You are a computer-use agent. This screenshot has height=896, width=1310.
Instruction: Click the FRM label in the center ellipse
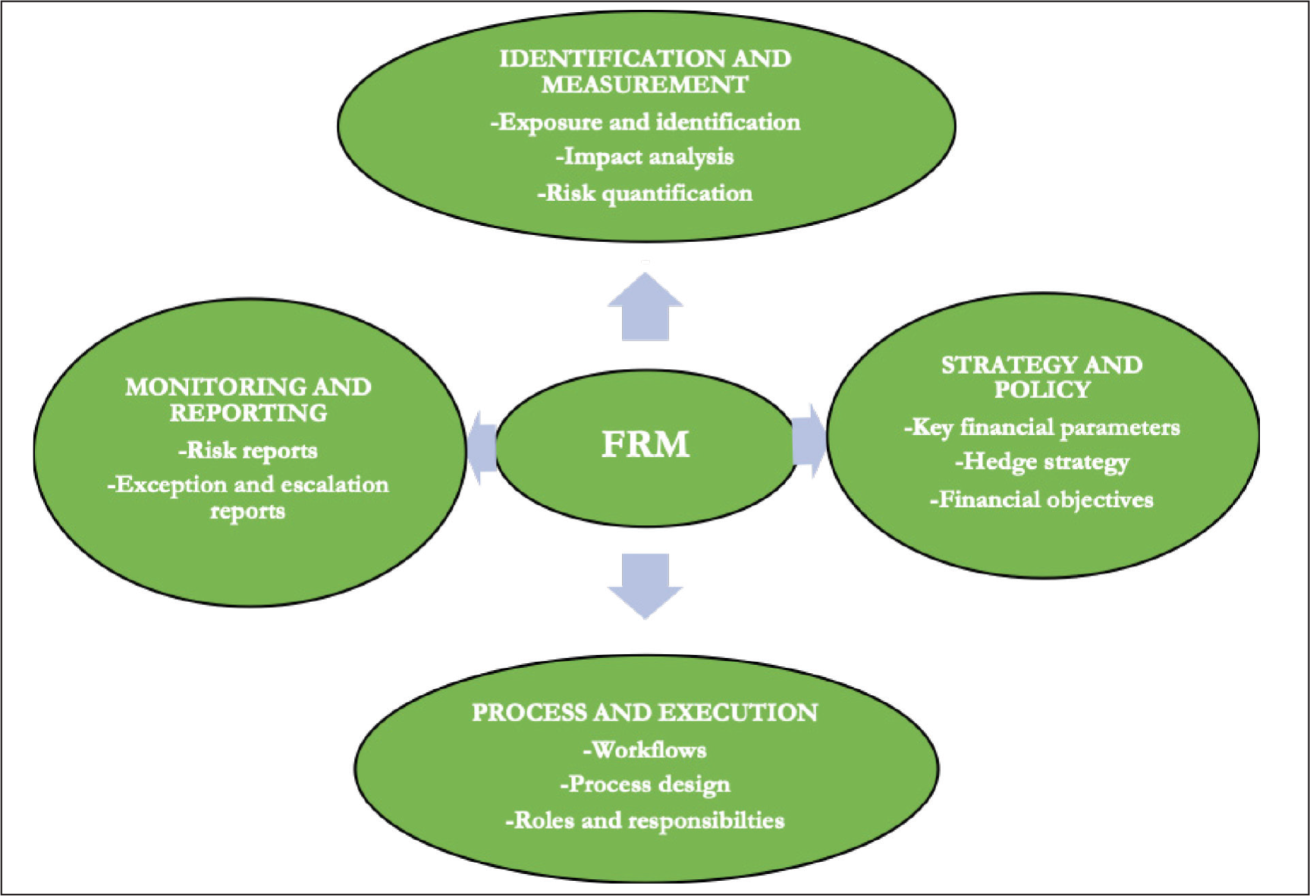click(x=645, y=444)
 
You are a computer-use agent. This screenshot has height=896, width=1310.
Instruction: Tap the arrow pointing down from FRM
click(x=645, y=586)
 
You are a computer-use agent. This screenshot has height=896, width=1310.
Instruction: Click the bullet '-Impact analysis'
click(x=645, y=157)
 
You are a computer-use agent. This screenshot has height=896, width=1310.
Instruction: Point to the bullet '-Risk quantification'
click(x=645, y=193)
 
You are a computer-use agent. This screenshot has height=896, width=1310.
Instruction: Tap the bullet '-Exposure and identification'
click(x=645, y=122)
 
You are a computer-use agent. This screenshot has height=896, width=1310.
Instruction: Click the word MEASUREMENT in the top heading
click(x=645, y=84)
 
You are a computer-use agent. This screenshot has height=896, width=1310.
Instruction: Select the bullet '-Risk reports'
click(x=248, y=451)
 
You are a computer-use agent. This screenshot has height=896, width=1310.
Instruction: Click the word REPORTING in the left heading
click(x=248, y=413)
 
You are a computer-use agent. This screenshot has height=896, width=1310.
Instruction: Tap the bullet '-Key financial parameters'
click(x=1041, y=428)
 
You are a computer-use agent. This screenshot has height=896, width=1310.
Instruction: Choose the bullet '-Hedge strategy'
click(x=1041, y=462)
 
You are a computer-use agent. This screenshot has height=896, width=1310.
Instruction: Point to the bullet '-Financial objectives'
click(x=1041, y=500)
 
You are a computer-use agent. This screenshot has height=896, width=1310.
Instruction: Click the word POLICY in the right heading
click(x=1042, y=390)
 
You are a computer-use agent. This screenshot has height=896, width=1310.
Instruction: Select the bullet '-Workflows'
click(x=645, y=750)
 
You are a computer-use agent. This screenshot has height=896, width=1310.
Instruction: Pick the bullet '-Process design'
click(x=645, y=785)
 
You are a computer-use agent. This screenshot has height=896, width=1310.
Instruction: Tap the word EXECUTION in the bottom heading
click(x=738, y=713)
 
